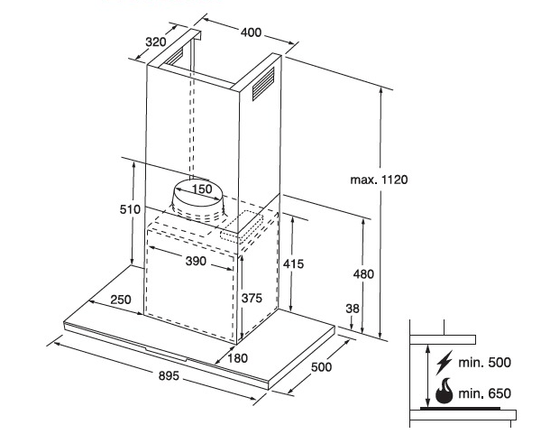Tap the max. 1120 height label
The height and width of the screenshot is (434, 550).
[x=380, y=180]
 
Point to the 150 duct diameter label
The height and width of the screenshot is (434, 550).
[x=201, y=189]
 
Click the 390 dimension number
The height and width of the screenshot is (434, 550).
[x=197, y=261]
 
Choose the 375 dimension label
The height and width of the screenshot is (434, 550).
[x=252, y=298]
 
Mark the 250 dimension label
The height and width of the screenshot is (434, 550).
[x=121, y=300]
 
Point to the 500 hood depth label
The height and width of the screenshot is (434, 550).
[x=322, y=366]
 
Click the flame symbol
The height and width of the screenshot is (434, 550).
[x=444, y=392]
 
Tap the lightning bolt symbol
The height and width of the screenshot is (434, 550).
[x=444, y=364]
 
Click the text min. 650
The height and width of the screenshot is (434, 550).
[x=485, y=393]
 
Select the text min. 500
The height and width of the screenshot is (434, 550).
[x=485, y=364]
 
